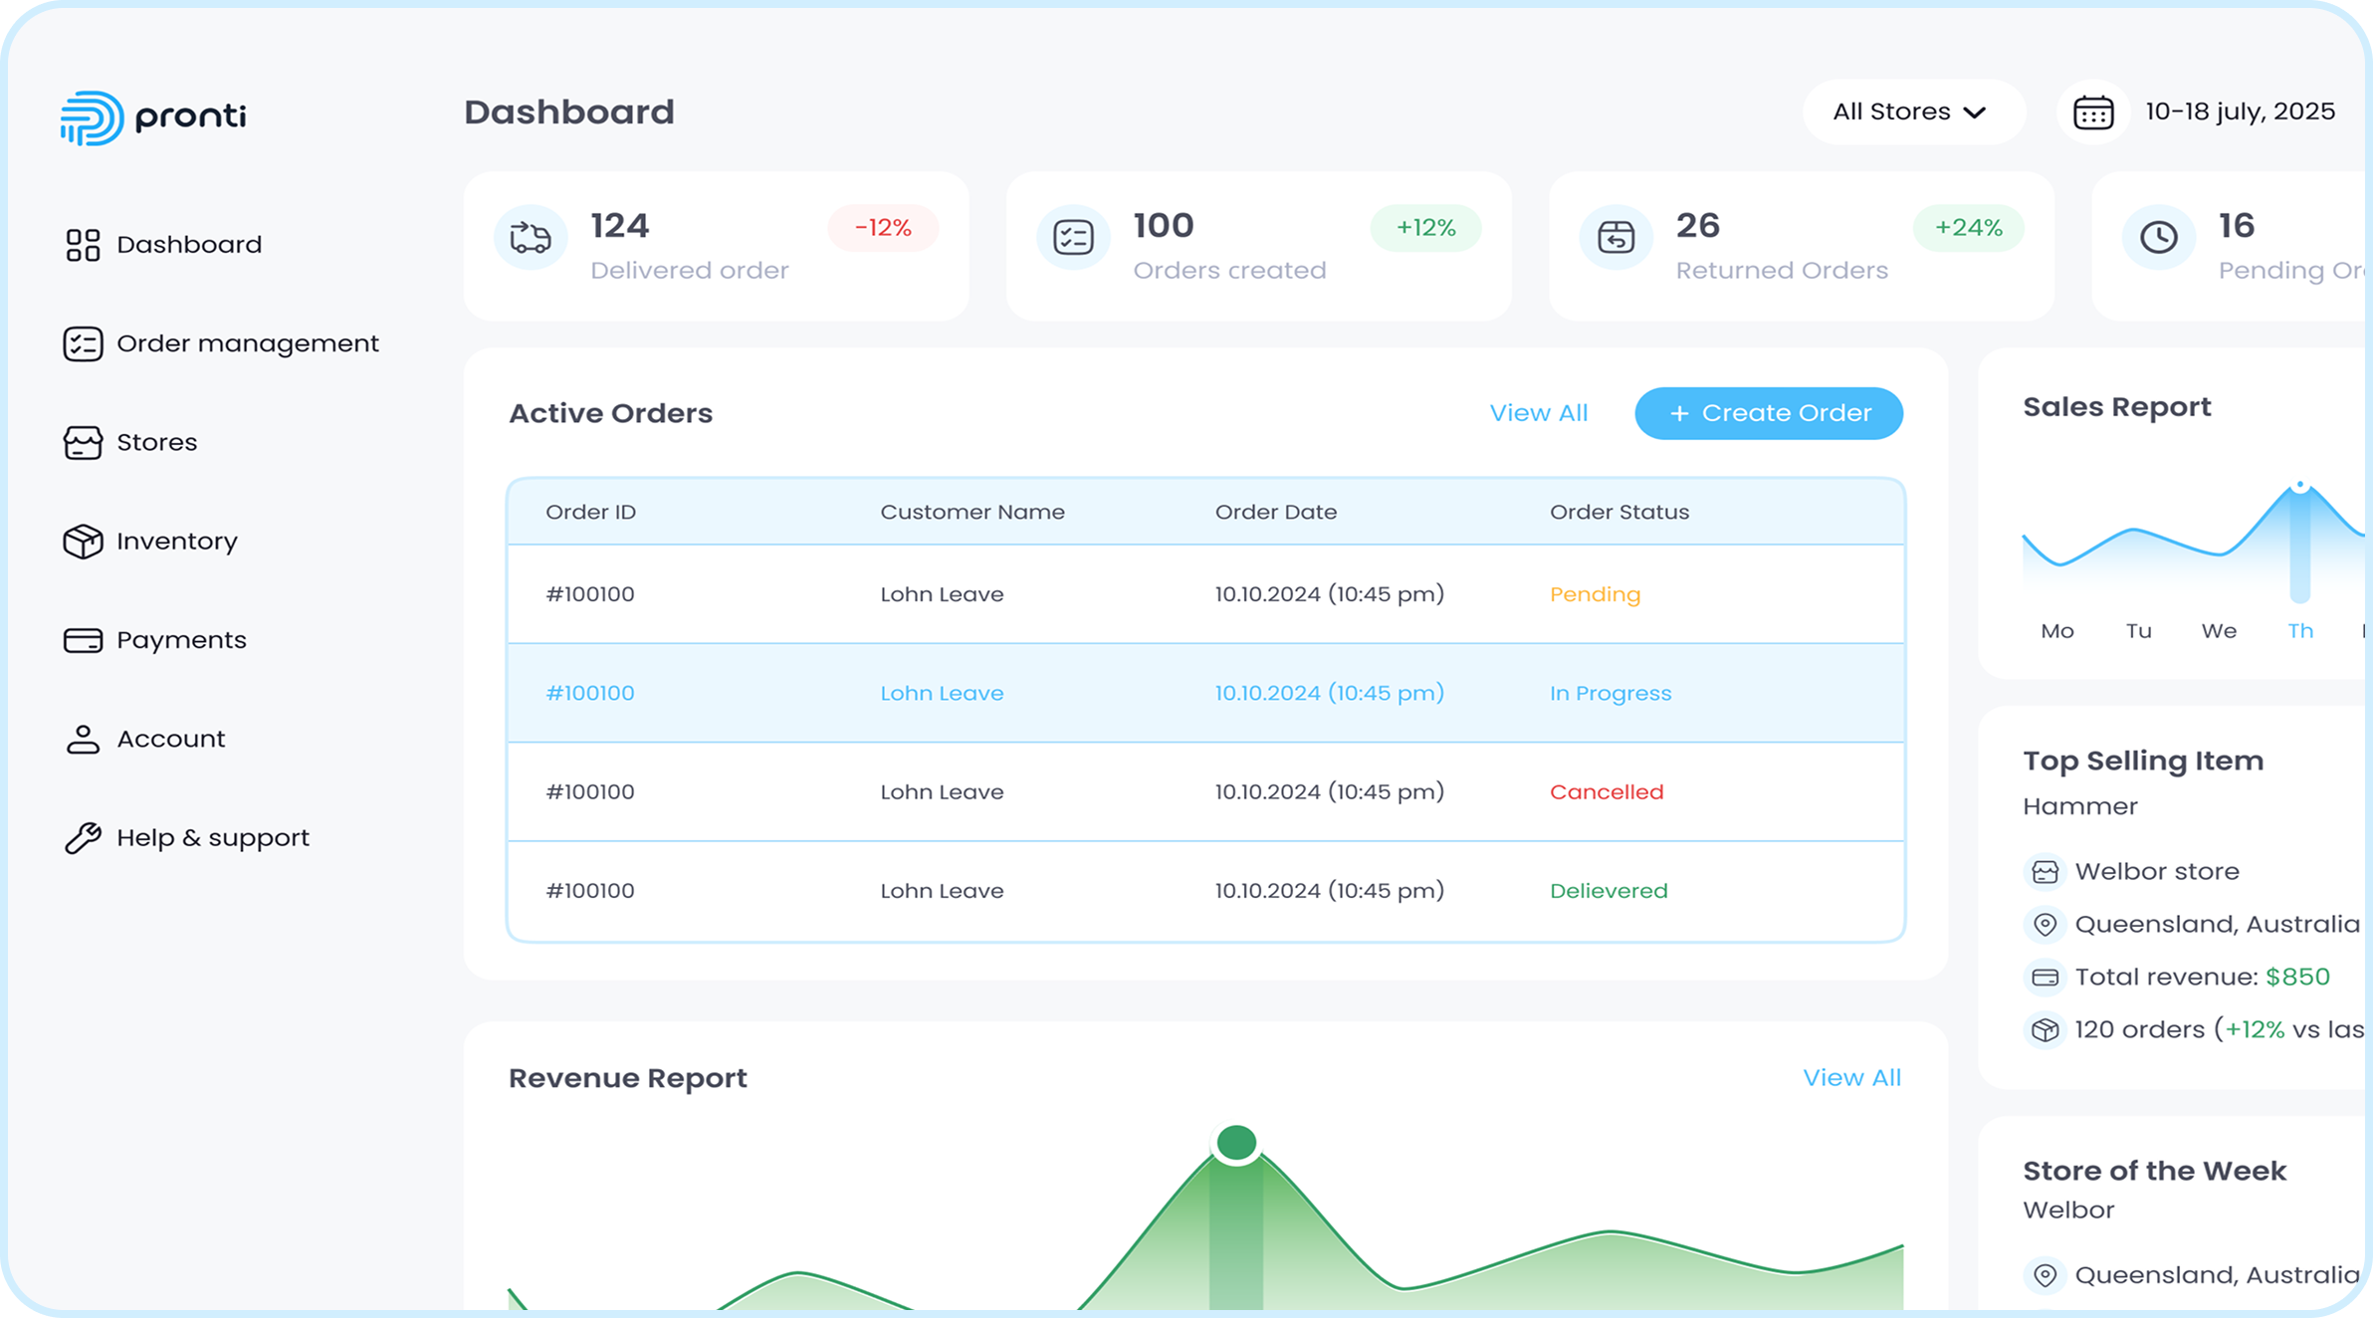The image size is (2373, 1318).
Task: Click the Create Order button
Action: (1769, 413)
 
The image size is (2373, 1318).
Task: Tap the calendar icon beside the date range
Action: (2093, 112)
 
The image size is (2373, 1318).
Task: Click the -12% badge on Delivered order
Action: (883, 228)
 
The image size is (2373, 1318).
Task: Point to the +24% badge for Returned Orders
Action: (1968, 228)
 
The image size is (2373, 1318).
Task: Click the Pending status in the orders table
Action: (1595, 594)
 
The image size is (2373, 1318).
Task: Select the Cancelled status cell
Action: (1606, 792)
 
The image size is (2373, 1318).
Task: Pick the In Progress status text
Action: (1610, 694)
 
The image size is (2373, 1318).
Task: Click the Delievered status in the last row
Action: (1608, 891)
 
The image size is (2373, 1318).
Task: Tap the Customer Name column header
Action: (971, 512)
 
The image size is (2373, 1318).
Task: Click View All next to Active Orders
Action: (1538, 413)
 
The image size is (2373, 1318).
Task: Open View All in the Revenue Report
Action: (1851, 1078)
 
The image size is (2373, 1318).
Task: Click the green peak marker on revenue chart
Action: (1236, 1143)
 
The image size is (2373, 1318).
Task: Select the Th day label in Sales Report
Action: (2299, 631)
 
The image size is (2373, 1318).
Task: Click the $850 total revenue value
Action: (2297, 977)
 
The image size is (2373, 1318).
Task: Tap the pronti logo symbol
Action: (92, 117)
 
